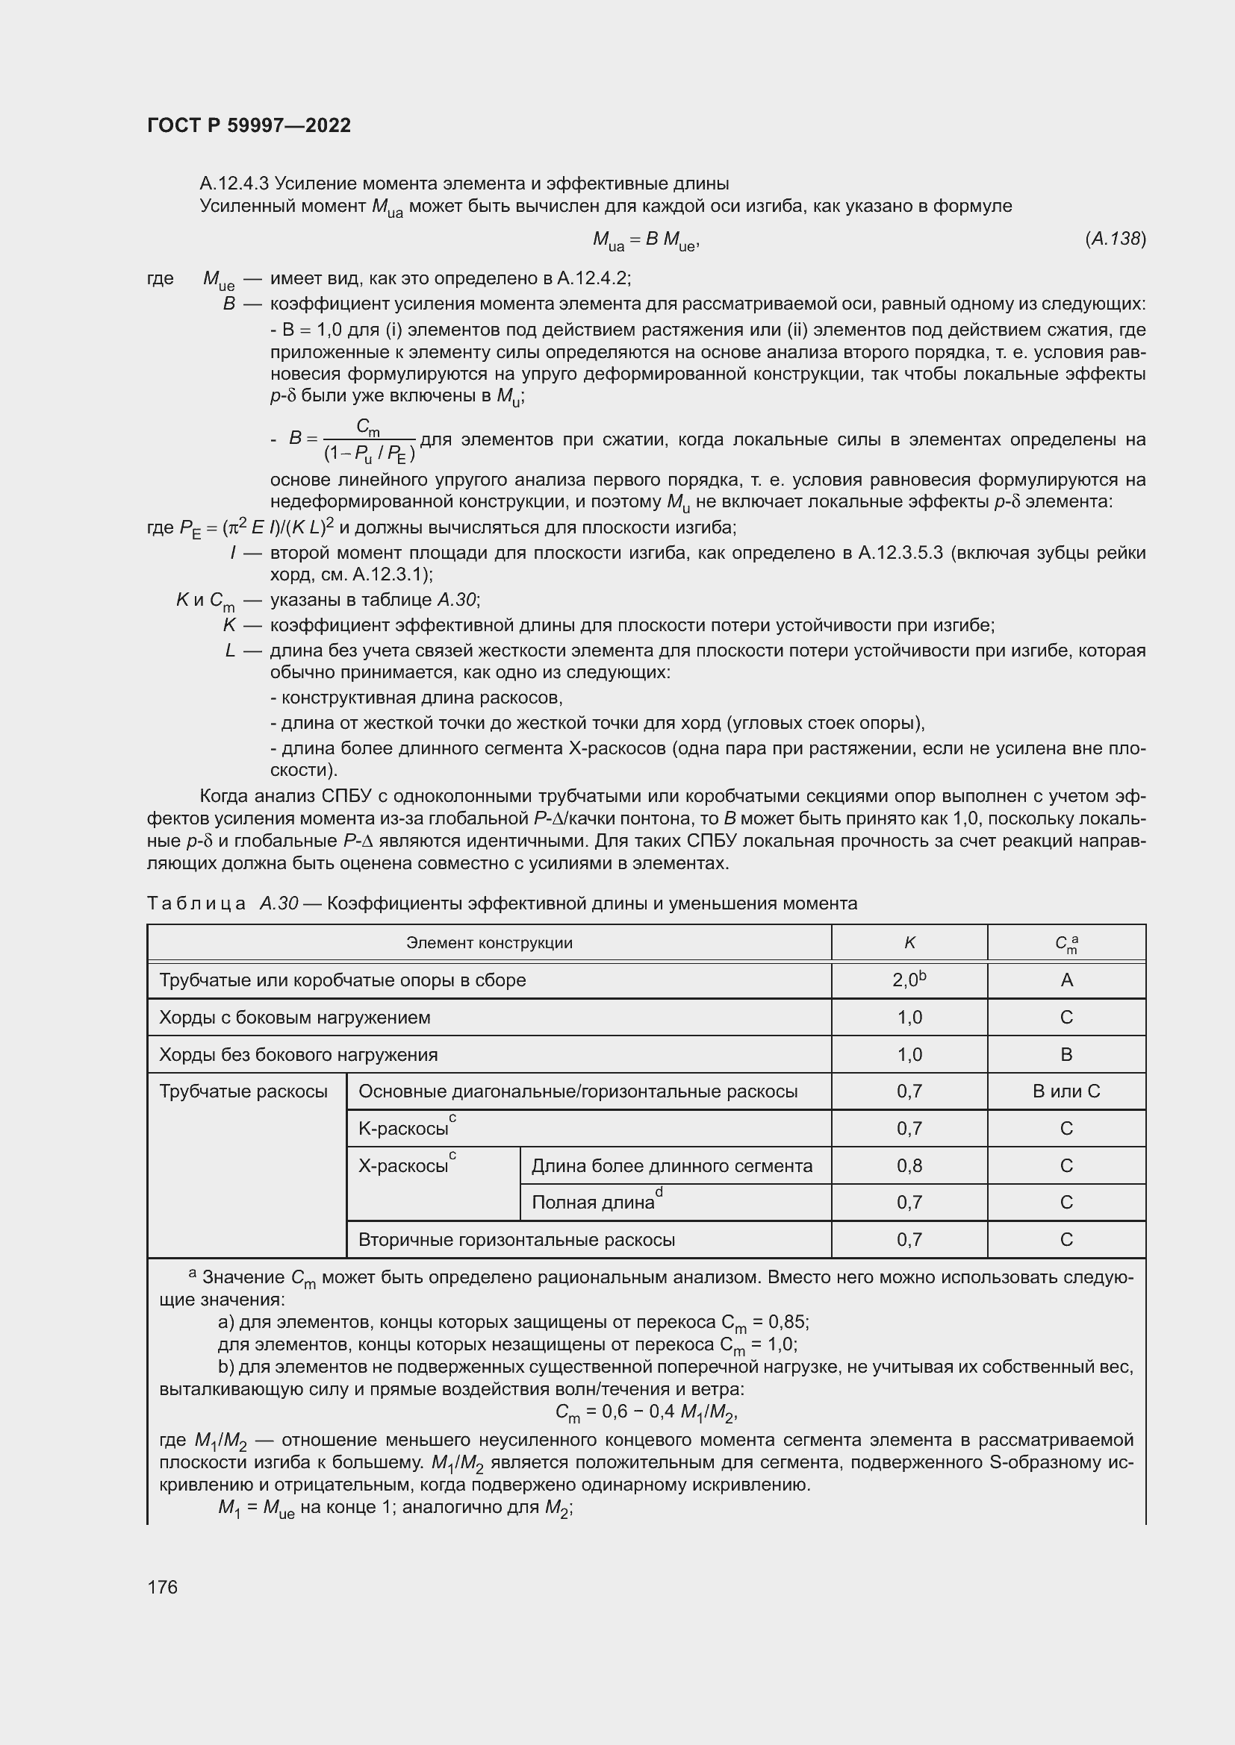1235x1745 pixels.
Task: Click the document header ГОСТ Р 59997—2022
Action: tap(249, 126)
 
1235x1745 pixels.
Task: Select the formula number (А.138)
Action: tap(1115, 239)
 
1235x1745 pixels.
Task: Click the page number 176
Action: tap(162, 1587)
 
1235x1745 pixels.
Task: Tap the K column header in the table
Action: tap(909, 943)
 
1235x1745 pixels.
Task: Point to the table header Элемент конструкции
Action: tap(489, 943)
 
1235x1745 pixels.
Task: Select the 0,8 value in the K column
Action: tap(909, 1166)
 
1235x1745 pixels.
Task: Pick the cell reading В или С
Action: tap(1066, 1091)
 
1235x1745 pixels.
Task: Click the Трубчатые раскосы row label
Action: tap(243, 1091)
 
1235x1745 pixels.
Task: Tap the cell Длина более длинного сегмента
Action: tap(671, 1166)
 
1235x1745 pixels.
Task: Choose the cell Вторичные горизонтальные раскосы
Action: tap(517, 1240)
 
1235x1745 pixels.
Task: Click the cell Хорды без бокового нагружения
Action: tap(298, 1055)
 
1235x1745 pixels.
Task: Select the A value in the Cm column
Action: tap(1066, 980)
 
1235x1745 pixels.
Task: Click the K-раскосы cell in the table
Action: tap(405, 1129)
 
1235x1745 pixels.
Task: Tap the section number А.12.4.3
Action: tap(234, 184)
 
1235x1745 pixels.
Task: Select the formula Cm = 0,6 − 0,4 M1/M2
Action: tap(647, 1413)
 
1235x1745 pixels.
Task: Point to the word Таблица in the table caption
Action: tap(196, 903)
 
